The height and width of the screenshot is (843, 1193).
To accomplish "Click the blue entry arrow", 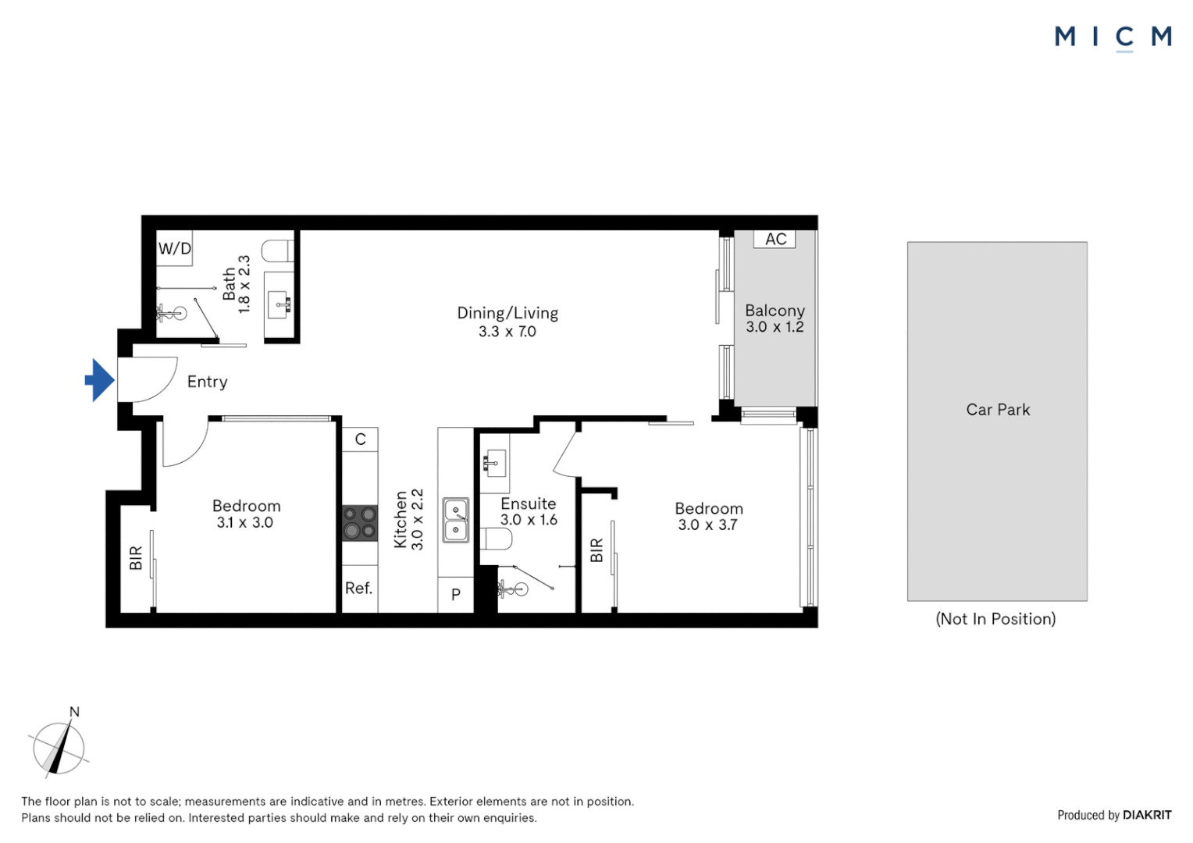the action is pyautogui.click(x=100, y=380).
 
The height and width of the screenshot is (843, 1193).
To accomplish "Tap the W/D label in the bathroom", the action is pyautogui.click(x=175, y=248).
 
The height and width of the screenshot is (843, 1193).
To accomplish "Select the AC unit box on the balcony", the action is pyautogui.click(x=775, y=239).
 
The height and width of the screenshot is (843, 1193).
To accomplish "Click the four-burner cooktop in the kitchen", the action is pyautogui.click(x=360, y=523).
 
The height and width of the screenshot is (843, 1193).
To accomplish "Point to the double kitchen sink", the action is pyautogui.click(x=456, y=521).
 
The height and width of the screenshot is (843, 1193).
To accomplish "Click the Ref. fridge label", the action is pyautogui.click(x=359, y=588).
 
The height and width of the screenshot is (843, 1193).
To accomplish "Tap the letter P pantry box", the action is pyautogui.click(x=456, y=594).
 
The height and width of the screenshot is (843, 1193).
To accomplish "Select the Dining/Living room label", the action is pyautogui.click(x=507, y=313).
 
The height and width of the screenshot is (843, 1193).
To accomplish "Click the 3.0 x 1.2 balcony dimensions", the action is pyautogui.click(x=775, y=327).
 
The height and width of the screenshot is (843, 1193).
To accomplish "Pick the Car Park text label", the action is pyautogui.click(x=998, y=410).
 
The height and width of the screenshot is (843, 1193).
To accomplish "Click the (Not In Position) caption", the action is pyautogui.click(x=996, y=619).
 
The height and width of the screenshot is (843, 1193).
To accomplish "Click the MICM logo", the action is pyautogui.click(x=1113, y=37).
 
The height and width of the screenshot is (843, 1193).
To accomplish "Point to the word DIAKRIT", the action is pyautogui.click(x=1147, y=816).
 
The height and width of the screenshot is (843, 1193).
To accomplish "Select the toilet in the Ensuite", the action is pyautogui.click(x=496, y=539).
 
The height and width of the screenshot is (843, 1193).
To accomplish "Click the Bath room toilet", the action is pyautogui.click(x=277, y=251).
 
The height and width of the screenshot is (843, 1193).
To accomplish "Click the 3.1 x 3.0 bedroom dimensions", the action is pyautogui.click(x=245, y=522).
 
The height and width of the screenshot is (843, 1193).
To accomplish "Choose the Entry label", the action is pyautogui.click(x=207, y=382).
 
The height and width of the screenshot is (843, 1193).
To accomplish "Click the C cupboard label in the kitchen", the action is pyautogui.click(x=361, y=439).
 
